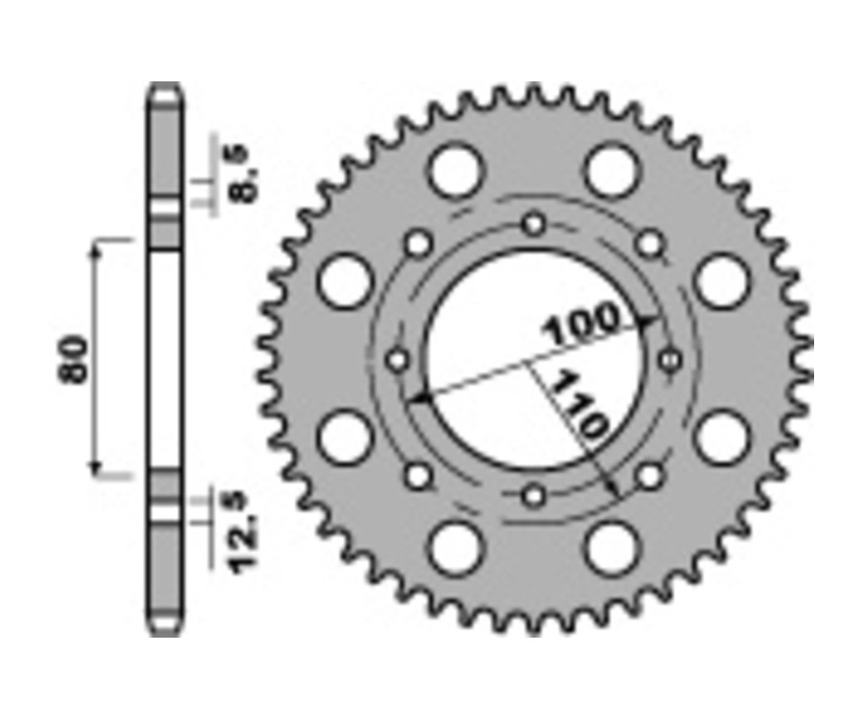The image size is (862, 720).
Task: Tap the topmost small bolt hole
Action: pyautogui.click(x=534, y=225)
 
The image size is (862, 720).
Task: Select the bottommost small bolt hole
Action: pyautogui.click(x=534, y=495)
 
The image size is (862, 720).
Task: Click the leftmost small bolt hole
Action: pyautogui.click(x=397, y=360)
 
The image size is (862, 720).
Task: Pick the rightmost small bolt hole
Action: pyautogui.click(x=670, y=360)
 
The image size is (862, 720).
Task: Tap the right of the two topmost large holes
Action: pyautogui.click(x=611, y=170)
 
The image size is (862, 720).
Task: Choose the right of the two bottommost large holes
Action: pyautogui.click(x=611, y=550)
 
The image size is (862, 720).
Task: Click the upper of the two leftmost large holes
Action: pyautogui.click(x=345, y=282)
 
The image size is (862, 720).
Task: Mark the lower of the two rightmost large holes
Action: pyautogui.click(x=720, y=439)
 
